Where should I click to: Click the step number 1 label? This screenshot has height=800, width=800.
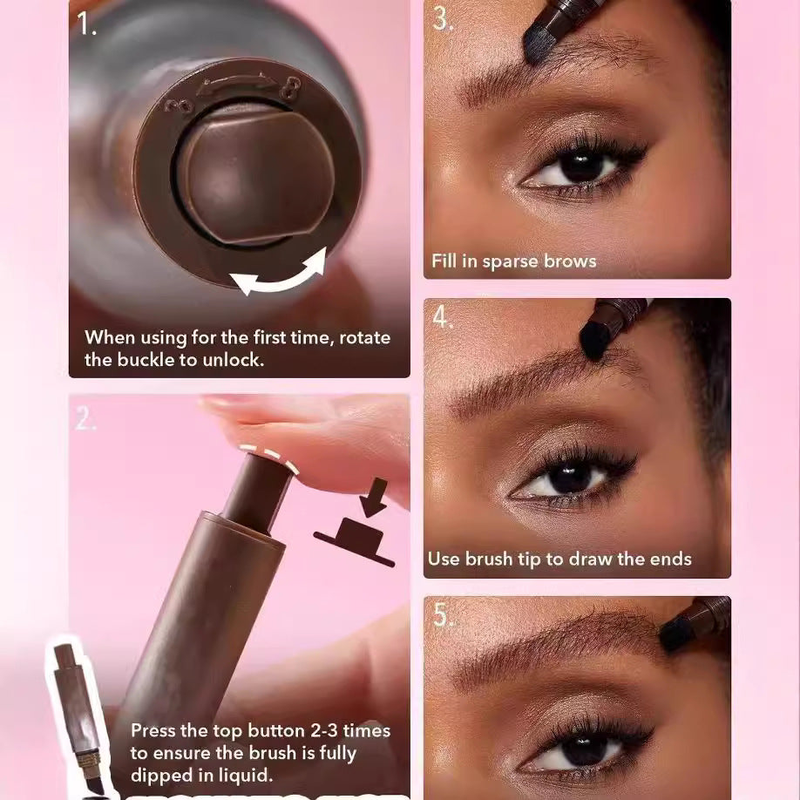coord(87,24)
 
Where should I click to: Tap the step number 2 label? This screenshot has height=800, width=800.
coord(85,420)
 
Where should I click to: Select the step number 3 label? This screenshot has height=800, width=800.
coord(443,18)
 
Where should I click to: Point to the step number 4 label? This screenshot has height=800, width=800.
coord(443,318)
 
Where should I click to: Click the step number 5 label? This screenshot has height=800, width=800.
coord(443,615)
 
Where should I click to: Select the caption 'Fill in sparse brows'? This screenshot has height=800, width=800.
coord(513,261)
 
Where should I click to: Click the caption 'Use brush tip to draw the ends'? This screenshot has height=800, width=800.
coord(559,559)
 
